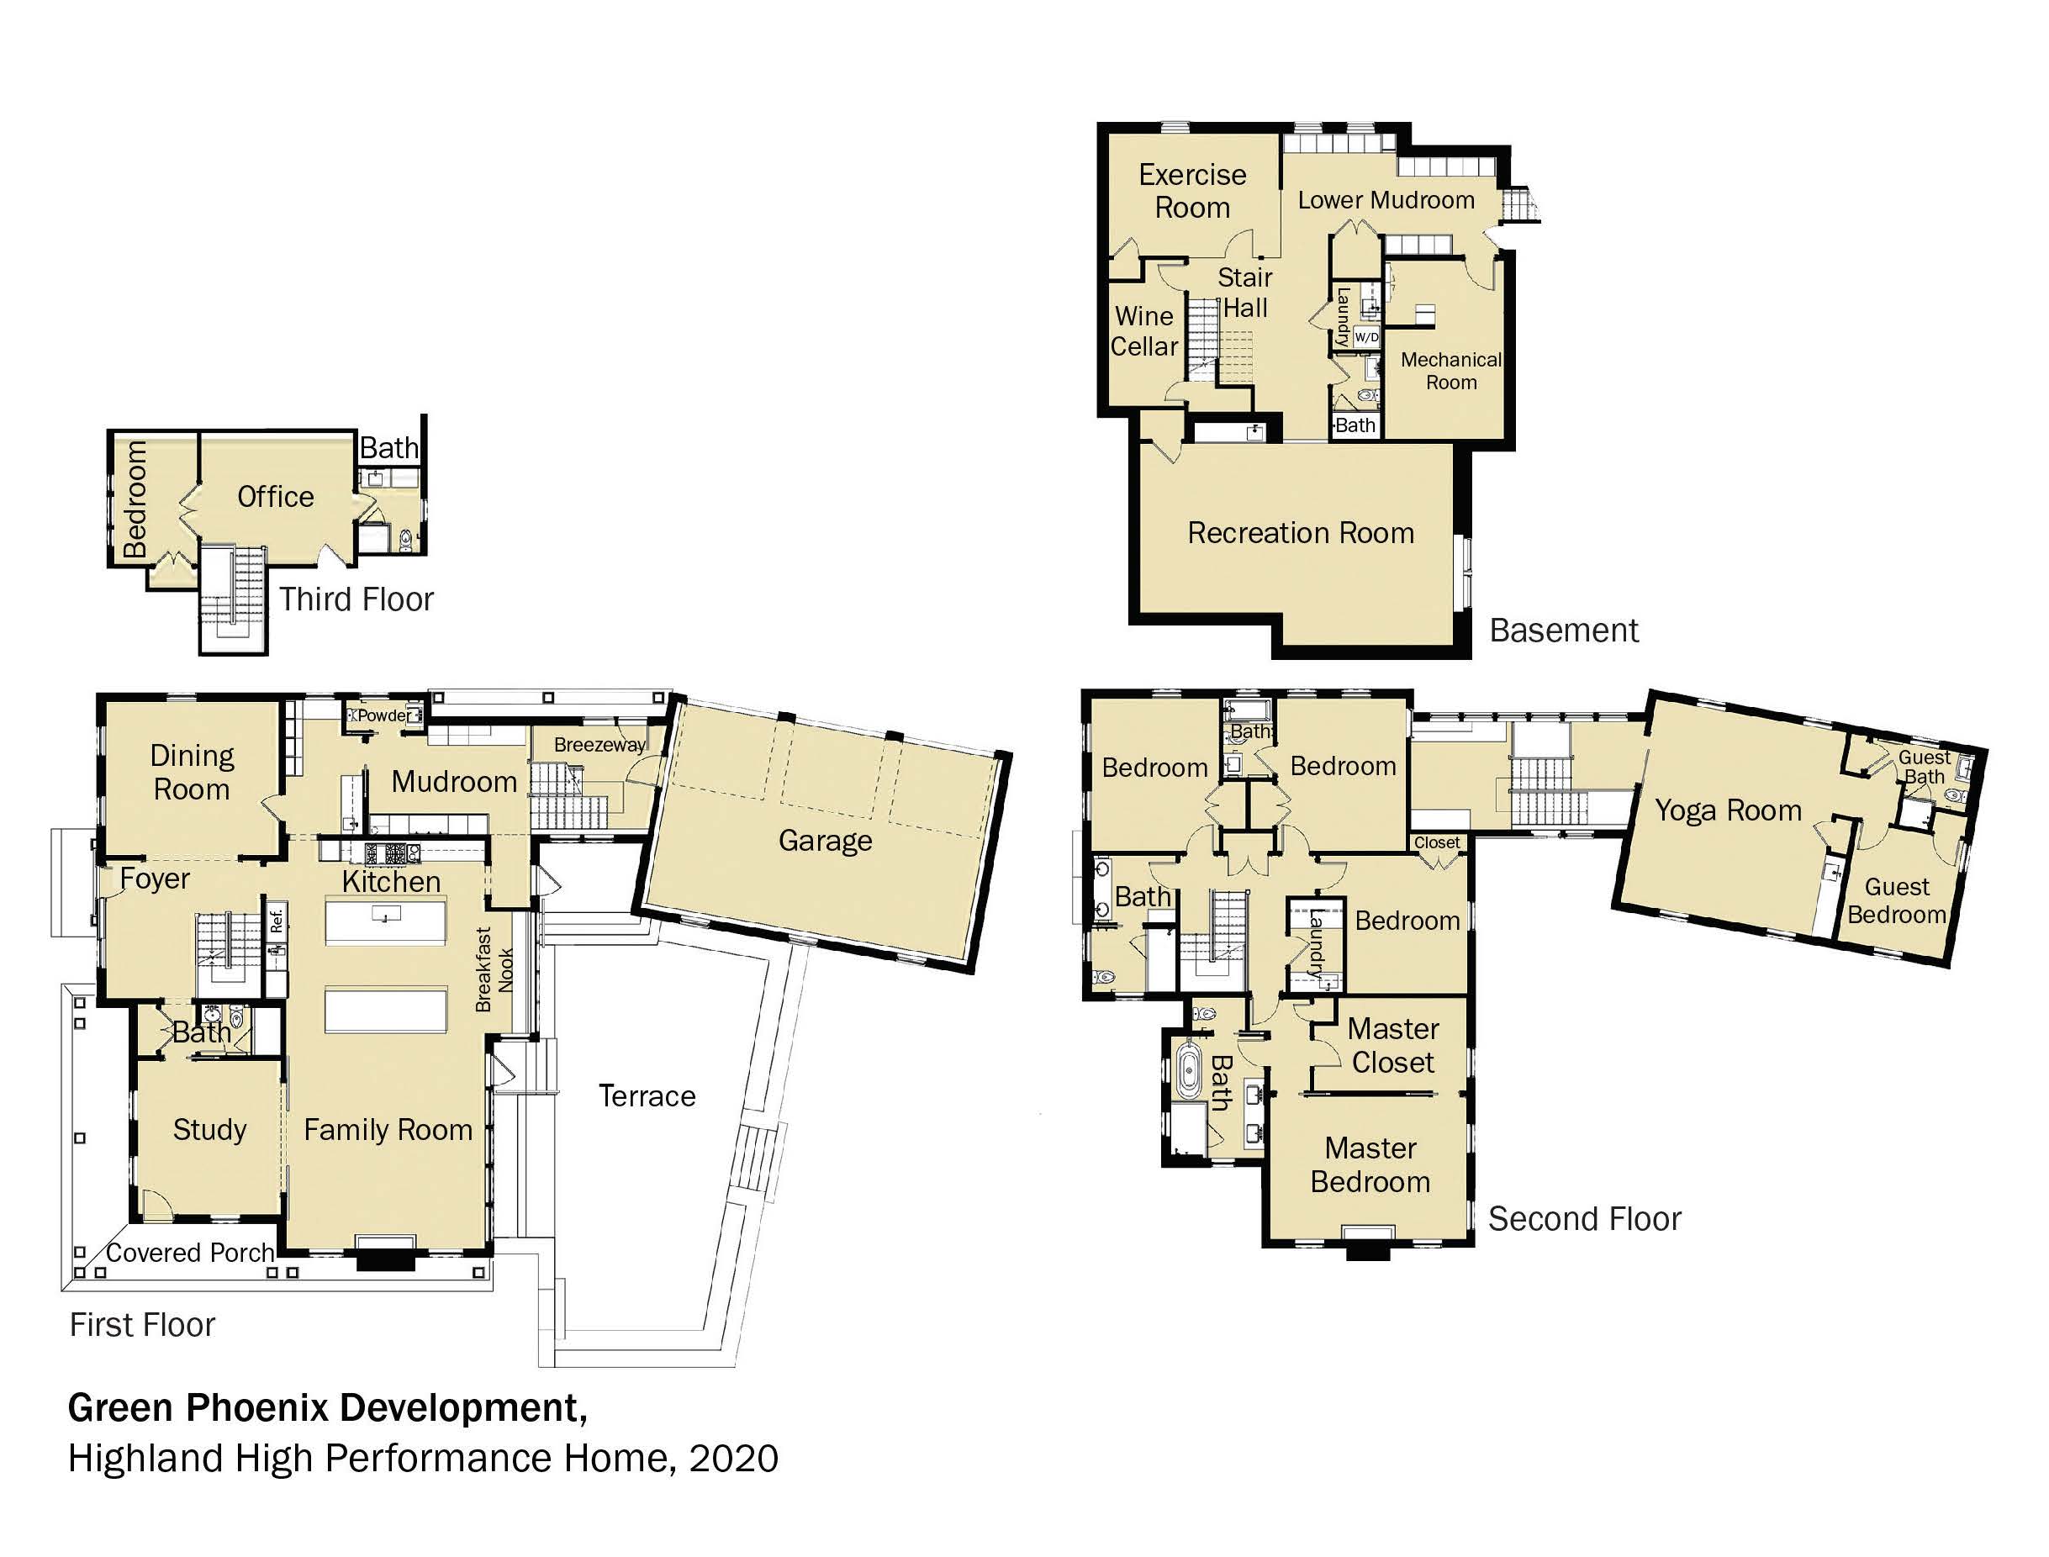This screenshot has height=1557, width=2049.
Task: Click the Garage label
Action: (x=825, y=841)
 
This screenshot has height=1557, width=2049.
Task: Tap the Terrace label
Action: (x=647, y=1096)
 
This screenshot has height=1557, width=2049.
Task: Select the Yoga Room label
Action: (x=1729, y=811)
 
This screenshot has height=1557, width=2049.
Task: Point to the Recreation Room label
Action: (x=1302, y=533)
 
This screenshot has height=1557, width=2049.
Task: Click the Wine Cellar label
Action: (x=1144, y=331)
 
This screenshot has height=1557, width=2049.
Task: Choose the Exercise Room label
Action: (x=1193, y=191)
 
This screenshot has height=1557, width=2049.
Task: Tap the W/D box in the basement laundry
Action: (x=1366, y=336)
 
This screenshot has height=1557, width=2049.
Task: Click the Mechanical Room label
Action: (x=1451, y=371)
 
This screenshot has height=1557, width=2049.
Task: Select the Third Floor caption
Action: (x=356, y=599)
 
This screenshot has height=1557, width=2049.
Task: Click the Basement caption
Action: (x=1565, y=631)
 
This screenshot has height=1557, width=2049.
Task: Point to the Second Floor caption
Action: (x=1585, y=1219)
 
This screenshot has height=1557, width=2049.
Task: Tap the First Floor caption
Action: (x=143, y=1325)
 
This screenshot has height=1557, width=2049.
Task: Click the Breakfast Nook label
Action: (x=494, y=969)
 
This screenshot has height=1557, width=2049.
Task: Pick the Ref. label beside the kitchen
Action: (x=276, y=921)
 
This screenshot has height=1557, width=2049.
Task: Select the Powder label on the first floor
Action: (x=383, y=715)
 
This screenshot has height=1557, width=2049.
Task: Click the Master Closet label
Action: (x=1393, y=1045)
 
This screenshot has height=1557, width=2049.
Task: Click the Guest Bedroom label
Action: (x=1897, y=901)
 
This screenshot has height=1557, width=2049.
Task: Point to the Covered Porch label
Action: (x=190, y=1253)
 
